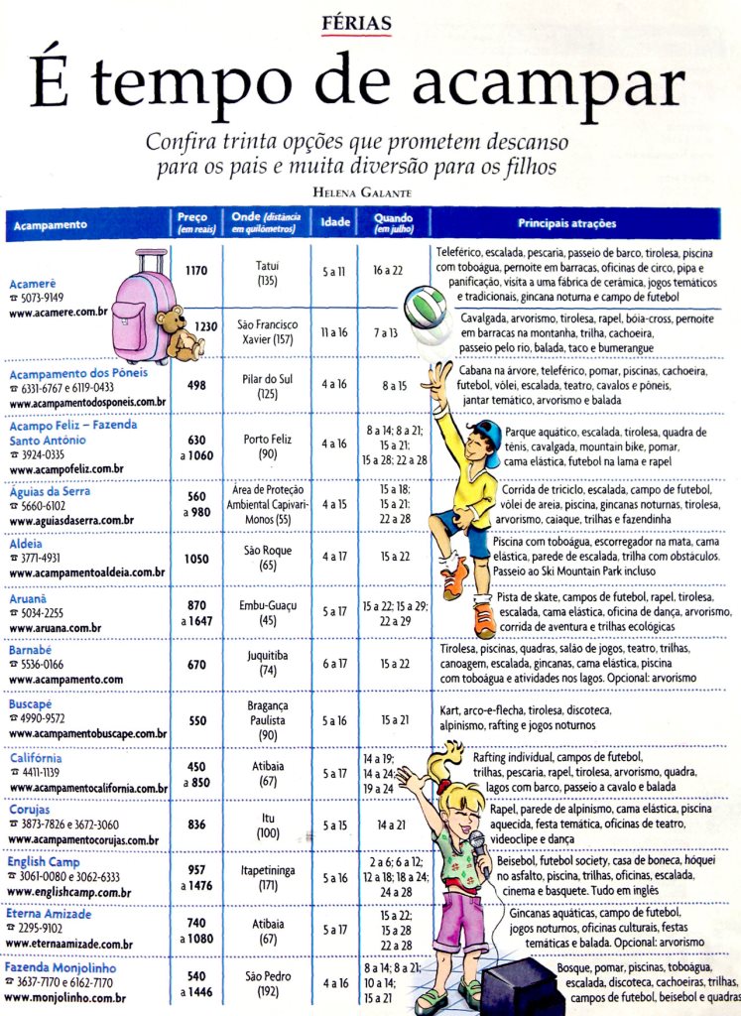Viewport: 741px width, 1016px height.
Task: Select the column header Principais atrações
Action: (566, 223)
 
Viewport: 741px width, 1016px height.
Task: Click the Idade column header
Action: (335, 224)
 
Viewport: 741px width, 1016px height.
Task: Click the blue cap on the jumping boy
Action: (486, 433)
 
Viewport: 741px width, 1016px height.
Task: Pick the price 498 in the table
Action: (196, 384)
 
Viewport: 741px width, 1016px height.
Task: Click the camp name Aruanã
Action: (30, 599)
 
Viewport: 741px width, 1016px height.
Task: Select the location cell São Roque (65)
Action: (267, 556)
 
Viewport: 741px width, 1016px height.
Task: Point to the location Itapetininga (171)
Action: (267, 878)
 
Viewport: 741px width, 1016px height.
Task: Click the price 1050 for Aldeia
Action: (196, 559)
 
